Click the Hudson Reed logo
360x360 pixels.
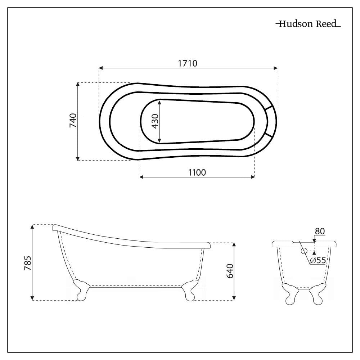pos(308,24)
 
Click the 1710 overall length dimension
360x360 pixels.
pos(188,63)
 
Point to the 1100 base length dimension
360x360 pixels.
pos(197,172)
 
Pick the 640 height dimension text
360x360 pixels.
pos(230,270)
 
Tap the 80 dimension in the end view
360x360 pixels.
pos(320,231)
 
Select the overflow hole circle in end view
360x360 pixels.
pos(303,251)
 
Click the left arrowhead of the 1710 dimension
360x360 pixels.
pos(101,68)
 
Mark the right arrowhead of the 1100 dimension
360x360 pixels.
pos(252,177)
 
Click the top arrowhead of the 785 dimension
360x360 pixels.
pos(33,227)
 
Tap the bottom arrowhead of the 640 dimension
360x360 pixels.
pos(234,297)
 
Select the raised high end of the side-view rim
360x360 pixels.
pos(56,228)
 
